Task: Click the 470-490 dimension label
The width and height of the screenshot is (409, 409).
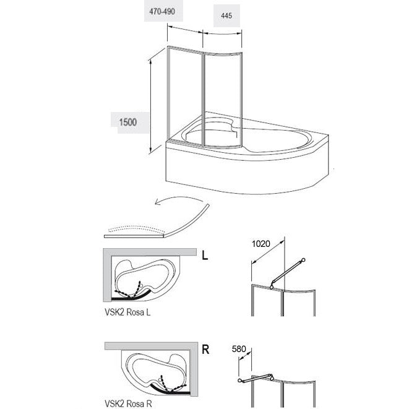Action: [x=162, y=12]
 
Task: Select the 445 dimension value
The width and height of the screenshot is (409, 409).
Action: [x=226, y=15]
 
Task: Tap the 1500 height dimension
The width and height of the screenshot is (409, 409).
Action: [x=128, y=122]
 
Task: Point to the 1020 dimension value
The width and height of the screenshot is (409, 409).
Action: [x=261, y=244]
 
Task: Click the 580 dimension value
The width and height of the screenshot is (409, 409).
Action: [x=239, y=349]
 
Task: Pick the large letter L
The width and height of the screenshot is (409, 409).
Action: [x=205, y=256]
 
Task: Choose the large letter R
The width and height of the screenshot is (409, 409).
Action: [x=205, y=350]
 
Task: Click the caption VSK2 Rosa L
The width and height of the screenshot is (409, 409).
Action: [x=127, y=312]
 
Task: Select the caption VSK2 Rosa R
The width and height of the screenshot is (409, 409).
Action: [x=128, y=403]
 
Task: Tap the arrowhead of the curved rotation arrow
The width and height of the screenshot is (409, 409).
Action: [x=157, y=202]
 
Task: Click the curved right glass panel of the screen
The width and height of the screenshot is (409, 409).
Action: [x=223, y=99]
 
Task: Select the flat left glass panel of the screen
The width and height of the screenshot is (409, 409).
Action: [x=185, y=94]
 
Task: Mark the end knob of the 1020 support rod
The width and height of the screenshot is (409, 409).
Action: [x=303, y=260]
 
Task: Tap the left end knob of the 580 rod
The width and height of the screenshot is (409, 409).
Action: [x=239, y=381]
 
